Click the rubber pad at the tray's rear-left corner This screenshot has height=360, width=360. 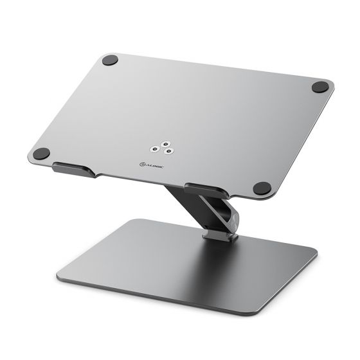(x=109, y=61)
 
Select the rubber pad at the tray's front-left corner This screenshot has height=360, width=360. (x=44, y=155)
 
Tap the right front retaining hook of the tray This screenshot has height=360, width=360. (x=204, y=190)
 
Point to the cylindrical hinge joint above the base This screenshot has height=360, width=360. (x=218, y=215)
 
